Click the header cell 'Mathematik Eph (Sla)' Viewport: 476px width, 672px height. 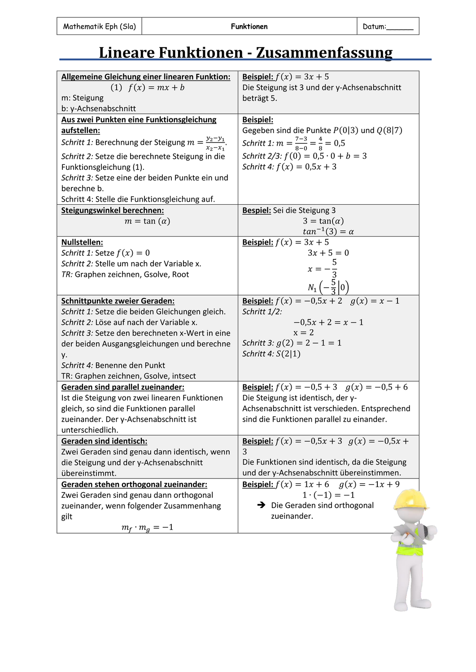[99, 26]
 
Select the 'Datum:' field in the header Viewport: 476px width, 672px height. [388, 26]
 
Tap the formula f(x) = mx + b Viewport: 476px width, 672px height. [148, 87]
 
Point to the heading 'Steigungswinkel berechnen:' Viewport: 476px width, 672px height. [113, 210]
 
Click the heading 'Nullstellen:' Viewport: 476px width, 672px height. [82, 242]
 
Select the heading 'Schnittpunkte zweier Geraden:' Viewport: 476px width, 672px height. [118, 301]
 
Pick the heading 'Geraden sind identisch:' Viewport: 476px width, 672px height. [104, 441]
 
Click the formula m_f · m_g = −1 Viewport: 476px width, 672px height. [148, 527]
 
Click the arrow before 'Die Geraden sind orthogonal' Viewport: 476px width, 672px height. [262, 505]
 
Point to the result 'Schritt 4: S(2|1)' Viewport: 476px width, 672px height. [271, 353]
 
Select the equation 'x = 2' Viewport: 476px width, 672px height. [304, 332]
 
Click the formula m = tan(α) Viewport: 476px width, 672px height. [148, 221]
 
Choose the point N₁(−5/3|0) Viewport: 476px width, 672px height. [328, 287]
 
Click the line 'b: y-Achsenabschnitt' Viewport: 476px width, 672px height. [99, 108]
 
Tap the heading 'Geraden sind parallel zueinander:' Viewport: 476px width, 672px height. [123, 387]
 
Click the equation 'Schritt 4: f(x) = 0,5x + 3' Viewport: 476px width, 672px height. [289, 167]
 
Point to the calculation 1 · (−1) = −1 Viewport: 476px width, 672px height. [328, 495]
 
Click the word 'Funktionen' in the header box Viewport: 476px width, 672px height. [249, 26]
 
